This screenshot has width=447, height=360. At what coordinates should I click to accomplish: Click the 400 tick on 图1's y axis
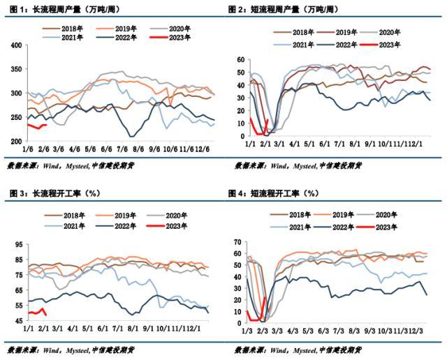pyautogui.click(x=15, y=45)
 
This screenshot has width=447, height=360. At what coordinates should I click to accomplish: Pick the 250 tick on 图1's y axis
pyautogui.click(x=15, y=117)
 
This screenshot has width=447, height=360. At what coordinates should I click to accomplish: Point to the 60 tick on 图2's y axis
pyautogui.click(x=240, y=61)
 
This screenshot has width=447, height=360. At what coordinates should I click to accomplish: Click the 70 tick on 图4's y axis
pyautogui.click(x=239, y=242)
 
